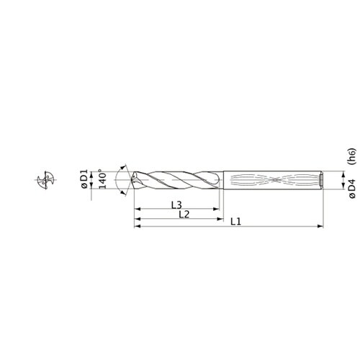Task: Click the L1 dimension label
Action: pyautogui.click(x=235, y=222)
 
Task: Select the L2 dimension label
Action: pyautogui.click(x=184, y=215)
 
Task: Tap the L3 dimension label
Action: pyautogui.click(x=176, y=204)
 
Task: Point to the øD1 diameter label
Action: pyautogui.click(x=85, y=179)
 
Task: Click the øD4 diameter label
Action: pyautogui.click(x=352, y=189)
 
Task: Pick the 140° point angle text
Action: pyautogui.click(x=102, y=179)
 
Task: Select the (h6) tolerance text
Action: pyautogui.click(x=352, y=156)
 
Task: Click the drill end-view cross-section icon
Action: pyautogui.click(x=46, y=180)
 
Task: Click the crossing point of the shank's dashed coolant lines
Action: pyautogui.click(x=274, y=179)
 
